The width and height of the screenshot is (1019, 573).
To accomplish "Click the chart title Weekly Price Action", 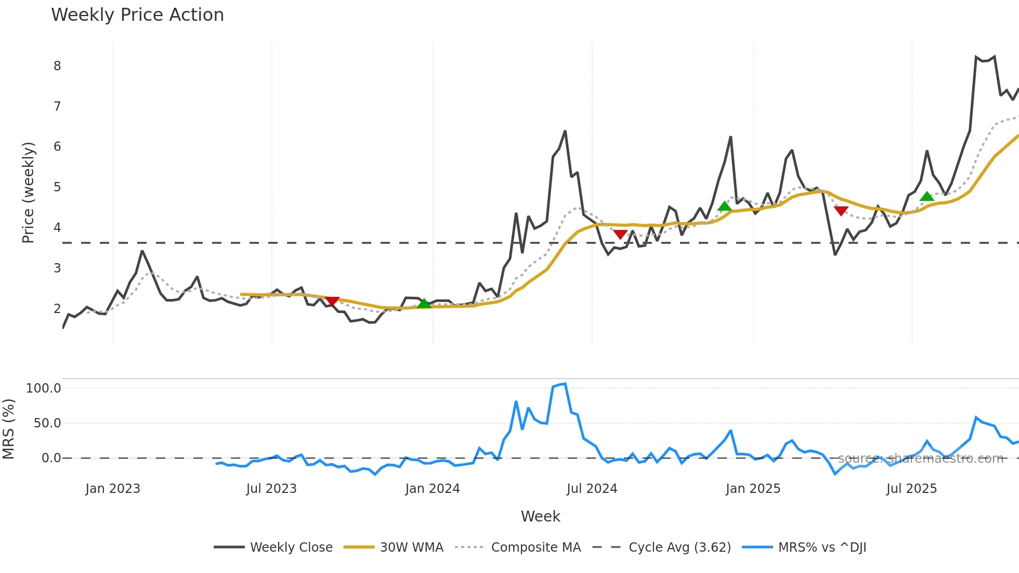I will pos(137,15).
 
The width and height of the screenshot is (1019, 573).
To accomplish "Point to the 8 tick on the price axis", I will pos(57,66).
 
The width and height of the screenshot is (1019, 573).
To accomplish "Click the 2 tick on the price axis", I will pos(57,309).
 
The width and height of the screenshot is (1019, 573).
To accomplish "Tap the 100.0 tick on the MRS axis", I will pos(44,388).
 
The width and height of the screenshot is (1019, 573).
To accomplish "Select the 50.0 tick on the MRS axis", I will pos(47,423).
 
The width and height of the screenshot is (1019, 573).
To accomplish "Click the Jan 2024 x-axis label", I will pos(433,489).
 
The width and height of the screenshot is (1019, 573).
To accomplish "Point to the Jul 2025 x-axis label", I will pos(911,489).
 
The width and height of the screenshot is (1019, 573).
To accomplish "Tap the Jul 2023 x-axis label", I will pos(271,489).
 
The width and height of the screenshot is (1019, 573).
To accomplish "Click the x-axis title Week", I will pos(540,516).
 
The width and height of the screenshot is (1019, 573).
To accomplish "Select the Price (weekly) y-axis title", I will pos(28,192).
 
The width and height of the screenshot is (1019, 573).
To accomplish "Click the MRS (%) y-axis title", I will pos(8,429).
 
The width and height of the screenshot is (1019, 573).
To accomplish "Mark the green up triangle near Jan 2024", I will pos(424,303).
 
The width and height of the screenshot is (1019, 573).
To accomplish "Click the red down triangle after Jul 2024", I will pos(620,235).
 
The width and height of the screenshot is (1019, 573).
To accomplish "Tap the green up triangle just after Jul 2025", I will pos(926,196).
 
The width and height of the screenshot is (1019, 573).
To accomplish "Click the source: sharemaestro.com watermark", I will pos(920,459).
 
